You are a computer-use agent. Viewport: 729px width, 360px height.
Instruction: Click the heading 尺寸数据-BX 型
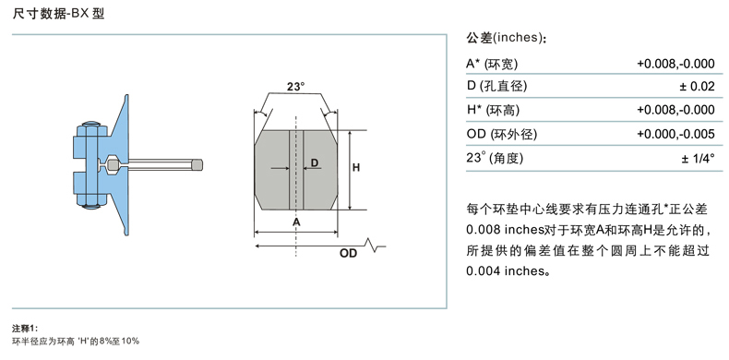[x=58, y=14]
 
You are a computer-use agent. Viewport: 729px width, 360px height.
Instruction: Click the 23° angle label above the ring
[x=295, y=87]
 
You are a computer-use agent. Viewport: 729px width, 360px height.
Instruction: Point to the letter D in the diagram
[x=315, y=162]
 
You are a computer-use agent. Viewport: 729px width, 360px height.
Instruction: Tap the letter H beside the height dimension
[x=355, y=168]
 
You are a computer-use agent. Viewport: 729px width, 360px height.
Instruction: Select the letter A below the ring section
[x=296, y=222]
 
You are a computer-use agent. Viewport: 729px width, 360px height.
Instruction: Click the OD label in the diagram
[x=348, y=254]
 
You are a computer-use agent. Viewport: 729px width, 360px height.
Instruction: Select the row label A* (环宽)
[x=492, y=64]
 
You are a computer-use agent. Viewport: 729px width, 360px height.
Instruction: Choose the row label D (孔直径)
[x=496, y=87]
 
